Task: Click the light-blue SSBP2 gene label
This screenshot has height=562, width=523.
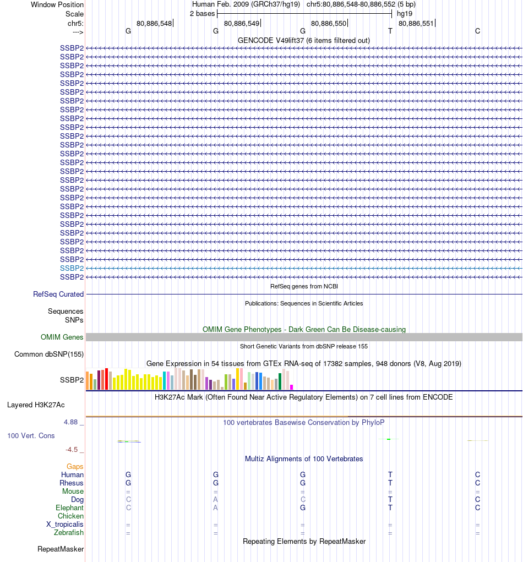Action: [x=72, y=268]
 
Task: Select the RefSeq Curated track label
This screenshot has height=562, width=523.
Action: [x=58, y=294]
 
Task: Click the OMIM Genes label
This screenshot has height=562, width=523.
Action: [x=62, y=337]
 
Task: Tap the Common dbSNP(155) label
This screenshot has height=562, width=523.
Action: [x=49, y=354]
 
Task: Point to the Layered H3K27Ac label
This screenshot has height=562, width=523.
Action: [x=36, y=405]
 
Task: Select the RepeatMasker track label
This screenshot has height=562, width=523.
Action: [x=61, y=549]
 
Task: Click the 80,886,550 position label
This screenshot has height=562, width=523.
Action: [x=329, y=24]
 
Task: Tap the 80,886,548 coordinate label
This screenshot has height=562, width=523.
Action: [x=154, y=24]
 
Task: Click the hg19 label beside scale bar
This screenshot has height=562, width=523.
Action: [x=405, y=14]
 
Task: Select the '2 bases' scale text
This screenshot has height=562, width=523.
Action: [x=202, y=14]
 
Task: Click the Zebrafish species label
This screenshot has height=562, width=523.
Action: [x=69, y=533]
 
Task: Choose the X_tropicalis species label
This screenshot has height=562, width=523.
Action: [x=65, y=525]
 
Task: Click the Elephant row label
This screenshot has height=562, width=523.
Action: [x=69, y=508]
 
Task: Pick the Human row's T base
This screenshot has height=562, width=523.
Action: [x=390, y=474]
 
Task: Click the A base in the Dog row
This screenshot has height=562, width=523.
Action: [x=216, y=499]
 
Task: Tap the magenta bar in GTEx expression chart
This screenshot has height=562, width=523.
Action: [x=292, y=387]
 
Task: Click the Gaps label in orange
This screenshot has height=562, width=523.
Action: [x=75, y=466]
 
